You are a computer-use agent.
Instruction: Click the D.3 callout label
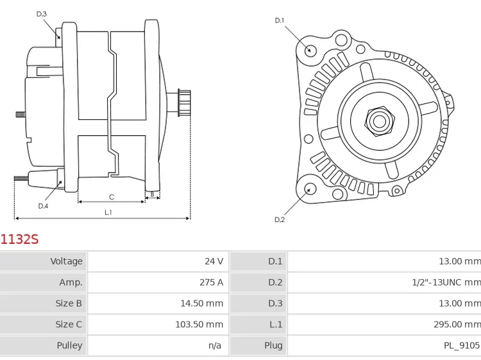[42, 13]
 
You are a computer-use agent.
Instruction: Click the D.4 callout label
[43, 206]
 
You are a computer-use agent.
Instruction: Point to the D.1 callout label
[280, 21]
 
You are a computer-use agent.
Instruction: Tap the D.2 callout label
[280, 219]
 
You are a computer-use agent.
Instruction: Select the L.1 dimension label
[108, 212]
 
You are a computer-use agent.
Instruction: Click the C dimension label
[112, 197]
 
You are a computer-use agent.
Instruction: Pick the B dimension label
[152, 194]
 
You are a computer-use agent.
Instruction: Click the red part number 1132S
[19, 239]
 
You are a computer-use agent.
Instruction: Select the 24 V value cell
[214, 261]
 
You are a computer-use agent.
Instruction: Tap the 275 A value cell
[211, 282]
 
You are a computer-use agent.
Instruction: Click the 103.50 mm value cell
[199, 325]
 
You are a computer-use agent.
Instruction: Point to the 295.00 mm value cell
[457, 325]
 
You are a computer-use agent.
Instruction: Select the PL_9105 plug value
[462, 346]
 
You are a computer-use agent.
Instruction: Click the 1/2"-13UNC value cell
[446, 282]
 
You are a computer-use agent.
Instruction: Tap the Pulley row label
[69, 346]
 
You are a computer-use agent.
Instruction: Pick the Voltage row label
[67, 261]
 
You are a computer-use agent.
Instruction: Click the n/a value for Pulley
[215, 346]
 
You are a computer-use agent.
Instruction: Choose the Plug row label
[273, 346]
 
